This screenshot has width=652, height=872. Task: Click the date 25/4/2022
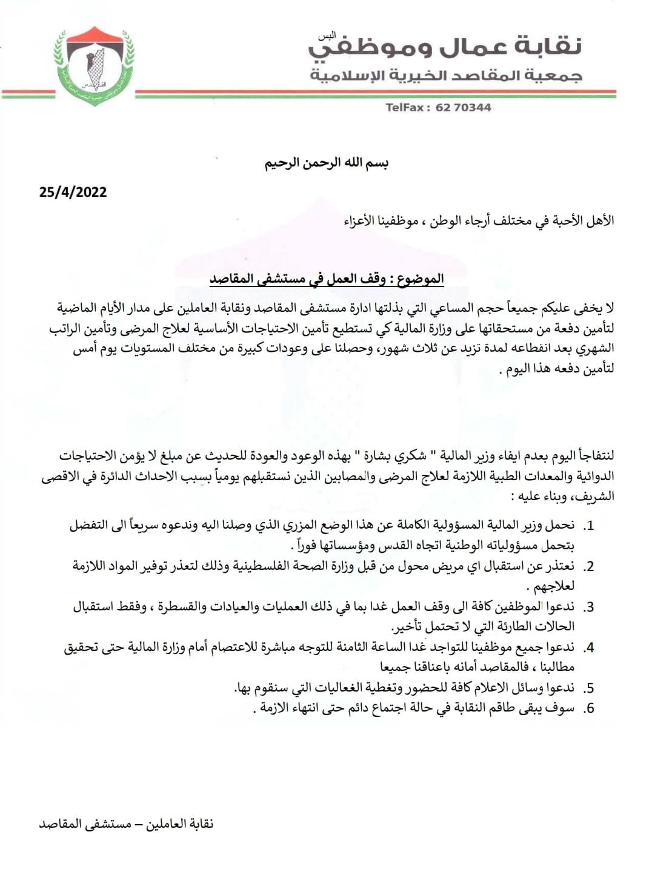pyautogui.click(x=73, y=193)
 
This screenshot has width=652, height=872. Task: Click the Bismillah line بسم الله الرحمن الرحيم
pyautogui.click(x=326, y=163)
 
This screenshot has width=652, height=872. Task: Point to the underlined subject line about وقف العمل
pyautogui.click(x=327, y=279)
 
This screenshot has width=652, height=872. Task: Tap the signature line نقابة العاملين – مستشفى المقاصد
pyautogui.click(x=126, y=824)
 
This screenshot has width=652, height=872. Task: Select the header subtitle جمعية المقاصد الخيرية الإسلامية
pyautogui.click(x=446, y=76)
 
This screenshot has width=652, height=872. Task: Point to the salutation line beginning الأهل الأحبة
pyautogui.click(x=479, y=220)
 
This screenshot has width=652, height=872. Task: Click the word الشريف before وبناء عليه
pyautogui.click(x=597, y=497)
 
